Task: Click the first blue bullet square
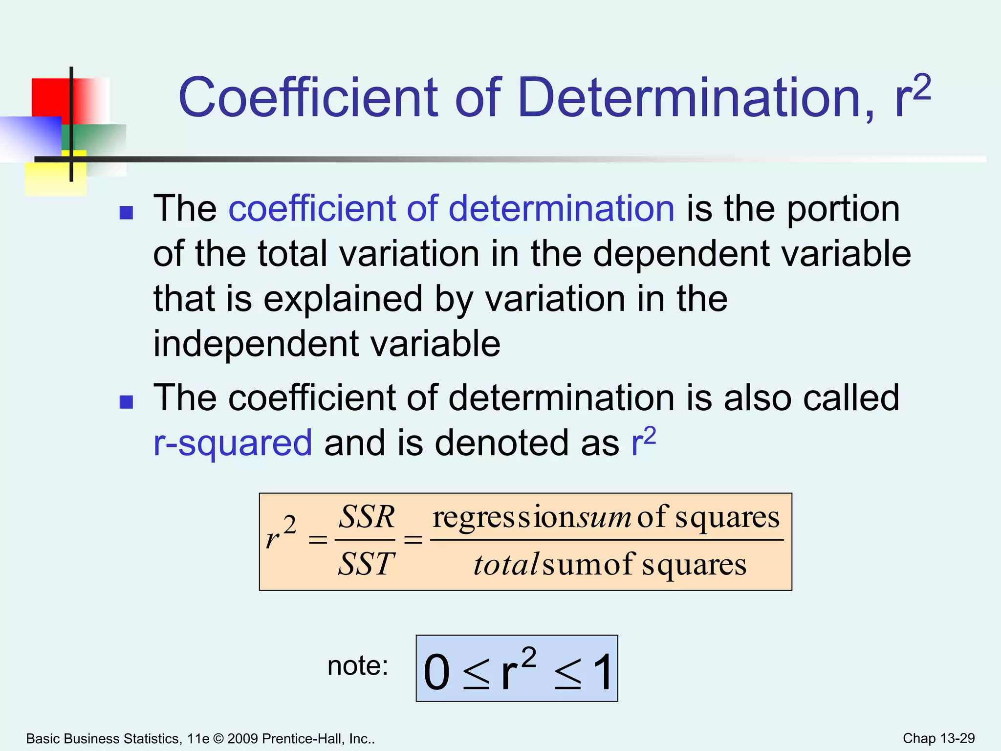click(x=126, y=213)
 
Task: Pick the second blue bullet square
click(x=126, y=402)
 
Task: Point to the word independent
click(x=256, y=343)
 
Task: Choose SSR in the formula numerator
click(x=367, y=517)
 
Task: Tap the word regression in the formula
click(x=504, y=517)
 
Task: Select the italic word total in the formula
click(x=506, y=565)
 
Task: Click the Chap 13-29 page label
click(x=938, y=738)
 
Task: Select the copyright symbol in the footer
click(x=218, y=739)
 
